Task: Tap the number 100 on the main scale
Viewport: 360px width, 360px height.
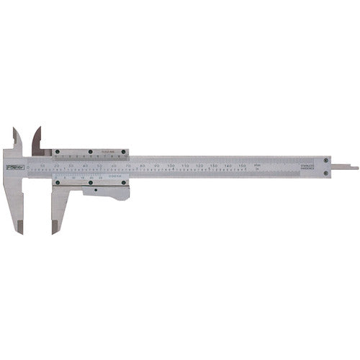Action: (x=171, y=166)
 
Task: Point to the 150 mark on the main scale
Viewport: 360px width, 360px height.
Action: (x=241, y=166)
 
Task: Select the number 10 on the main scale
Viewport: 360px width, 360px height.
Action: (x=43, y=166)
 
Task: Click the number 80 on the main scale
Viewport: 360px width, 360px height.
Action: (x=143, y=166)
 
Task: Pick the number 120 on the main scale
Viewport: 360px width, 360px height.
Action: (x=199, y=166)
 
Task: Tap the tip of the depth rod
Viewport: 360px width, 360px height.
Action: (x=356, y=168)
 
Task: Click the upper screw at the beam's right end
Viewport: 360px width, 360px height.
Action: (x=327, y=160)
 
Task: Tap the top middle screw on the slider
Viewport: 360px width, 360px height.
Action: (x=90, y=152)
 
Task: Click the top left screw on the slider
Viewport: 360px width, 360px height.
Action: (x=58, y=152)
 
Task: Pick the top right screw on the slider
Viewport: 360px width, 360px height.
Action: (x=124, y=152)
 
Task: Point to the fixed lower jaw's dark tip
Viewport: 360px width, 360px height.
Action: (x=22, y=226)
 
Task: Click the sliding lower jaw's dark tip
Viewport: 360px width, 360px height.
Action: (x=55, y=226)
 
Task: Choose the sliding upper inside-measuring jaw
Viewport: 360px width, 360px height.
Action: (x=37, y=138)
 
